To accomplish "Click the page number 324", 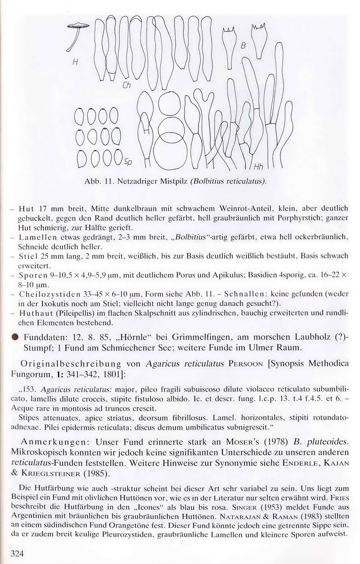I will tap(17, 554).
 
